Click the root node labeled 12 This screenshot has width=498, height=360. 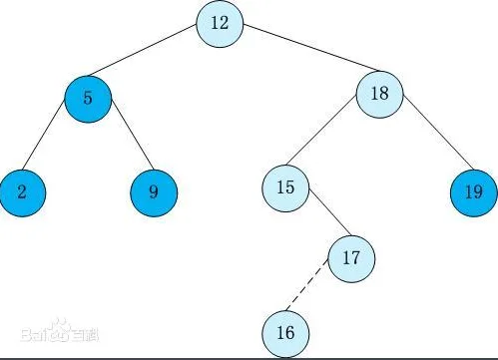[220, 24]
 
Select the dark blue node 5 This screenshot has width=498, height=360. [88, 99]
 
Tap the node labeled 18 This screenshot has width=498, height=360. [379, 95]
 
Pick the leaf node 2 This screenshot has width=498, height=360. [22, 192]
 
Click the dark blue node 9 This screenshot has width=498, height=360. [154, 192]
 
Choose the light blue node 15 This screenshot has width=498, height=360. [285, 188]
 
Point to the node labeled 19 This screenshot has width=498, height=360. [474, 192]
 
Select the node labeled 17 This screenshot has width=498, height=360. [351, 258]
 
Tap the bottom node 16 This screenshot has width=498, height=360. [285, 334]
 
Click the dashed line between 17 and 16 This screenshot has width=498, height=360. [307, 285]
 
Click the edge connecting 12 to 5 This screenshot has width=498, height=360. [142, 50]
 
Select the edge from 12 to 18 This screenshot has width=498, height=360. [310, 48]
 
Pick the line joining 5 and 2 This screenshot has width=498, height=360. [43, 134]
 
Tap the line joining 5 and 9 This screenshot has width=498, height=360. [133, 135]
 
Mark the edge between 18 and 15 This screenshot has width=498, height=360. [321, 130]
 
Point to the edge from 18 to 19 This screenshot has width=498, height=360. [438, 132]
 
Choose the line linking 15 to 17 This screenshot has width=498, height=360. [329, 212]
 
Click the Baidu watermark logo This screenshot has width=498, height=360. [60, 331]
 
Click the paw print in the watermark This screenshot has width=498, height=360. [60, 330]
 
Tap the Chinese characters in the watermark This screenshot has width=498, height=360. [85, 335]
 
